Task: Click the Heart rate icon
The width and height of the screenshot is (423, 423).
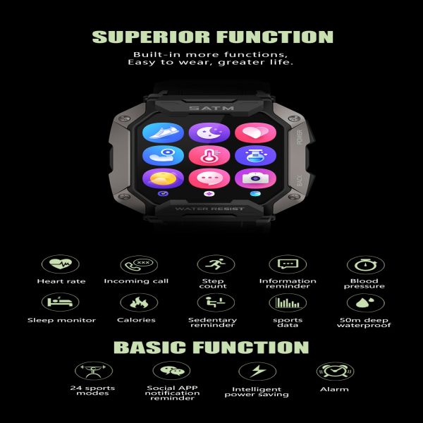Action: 61,264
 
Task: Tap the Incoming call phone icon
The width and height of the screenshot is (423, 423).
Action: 139,264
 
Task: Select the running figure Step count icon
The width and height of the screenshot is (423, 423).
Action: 216,264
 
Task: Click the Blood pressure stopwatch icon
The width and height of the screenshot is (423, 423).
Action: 365,265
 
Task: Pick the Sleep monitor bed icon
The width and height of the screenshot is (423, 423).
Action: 61,302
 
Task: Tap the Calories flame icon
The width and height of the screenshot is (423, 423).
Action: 139,302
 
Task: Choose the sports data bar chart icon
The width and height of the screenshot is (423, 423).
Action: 288,302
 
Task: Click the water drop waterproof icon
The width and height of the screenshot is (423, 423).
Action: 365,302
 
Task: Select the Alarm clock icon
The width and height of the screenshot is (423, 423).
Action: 335,372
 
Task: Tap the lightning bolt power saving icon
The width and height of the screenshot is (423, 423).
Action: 257,372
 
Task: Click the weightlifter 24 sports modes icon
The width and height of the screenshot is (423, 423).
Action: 94,371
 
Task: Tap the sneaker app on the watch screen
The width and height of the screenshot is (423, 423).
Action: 164,133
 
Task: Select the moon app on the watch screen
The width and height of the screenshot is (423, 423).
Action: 209,133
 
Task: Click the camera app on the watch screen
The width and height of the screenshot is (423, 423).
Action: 255,178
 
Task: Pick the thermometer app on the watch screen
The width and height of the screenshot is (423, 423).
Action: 209,156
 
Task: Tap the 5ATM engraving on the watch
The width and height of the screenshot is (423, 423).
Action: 211,108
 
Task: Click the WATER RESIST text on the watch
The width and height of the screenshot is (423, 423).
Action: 209,209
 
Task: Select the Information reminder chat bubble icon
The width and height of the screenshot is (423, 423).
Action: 288,264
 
